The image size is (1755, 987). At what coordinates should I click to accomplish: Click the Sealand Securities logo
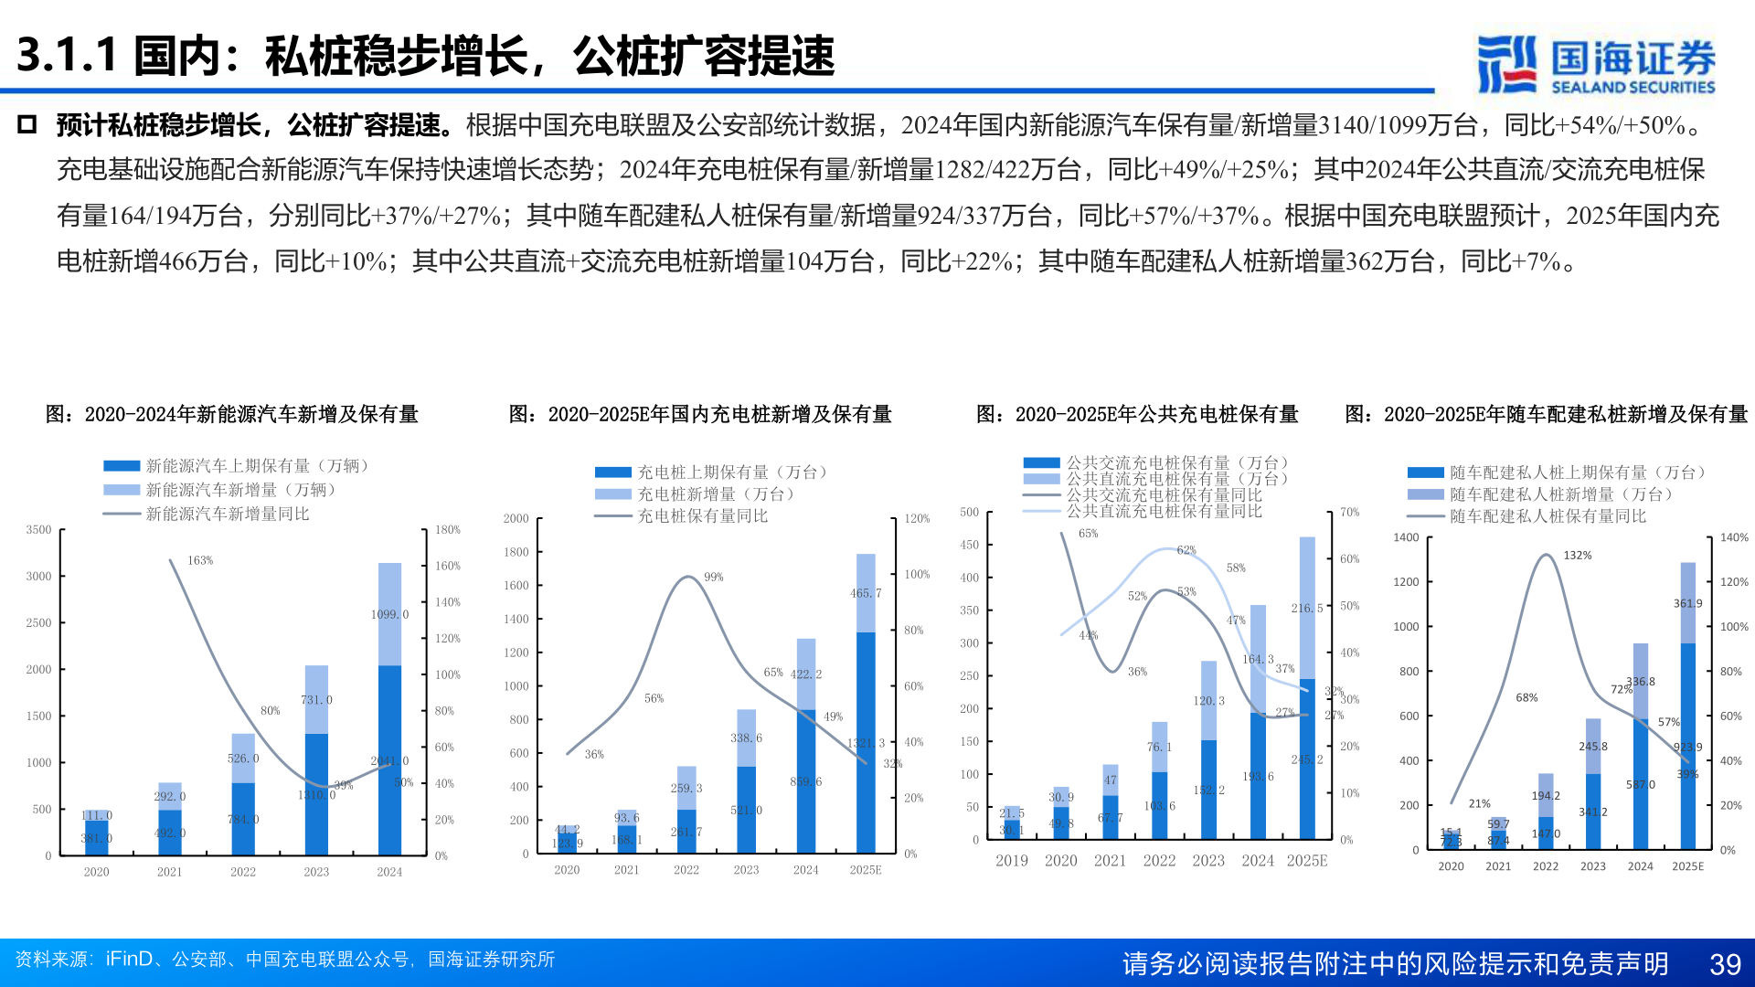1596,64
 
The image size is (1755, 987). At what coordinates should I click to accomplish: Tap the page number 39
1725,964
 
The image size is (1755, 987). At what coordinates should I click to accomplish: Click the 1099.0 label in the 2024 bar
389,614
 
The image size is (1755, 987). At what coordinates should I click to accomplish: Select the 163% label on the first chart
200,560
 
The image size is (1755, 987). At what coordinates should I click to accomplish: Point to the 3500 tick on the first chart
38,530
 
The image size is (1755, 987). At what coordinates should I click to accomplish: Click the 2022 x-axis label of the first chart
243,872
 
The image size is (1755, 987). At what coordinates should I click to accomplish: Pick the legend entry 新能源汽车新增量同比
228,515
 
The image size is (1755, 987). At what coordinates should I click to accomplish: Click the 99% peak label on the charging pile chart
714,577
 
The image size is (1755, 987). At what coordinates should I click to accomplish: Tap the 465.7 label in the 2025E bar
866,593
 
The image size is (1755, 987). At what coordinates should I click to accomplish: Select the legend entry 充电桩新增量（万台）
716,494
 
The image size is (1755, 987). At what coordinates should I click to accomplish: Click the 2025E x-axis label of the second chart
866,870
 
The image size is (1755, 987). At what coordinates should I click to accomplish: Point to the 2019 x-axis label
1012,861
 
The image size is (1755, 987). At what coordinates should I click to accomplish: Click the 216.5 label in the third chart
1307,608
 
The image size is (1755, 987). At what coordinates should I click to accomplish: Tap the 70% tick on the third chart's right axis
1350,512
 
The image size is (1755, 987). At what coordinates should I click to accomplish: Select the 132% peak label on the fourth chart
1578,556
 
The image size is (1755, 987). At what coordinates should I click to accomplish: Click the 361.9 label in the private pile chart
1687,603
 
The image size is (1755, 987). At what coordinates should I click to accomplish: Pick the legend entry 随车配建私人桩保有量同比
1548,516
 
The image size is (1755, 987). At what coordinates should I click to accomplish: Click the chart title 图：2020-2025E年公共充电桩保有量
1137,415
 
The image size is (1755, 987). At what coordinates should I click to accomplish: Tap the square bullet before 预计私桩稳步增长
27,125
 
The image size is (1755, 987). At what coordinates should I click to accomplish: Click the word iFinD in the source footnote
129,960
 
